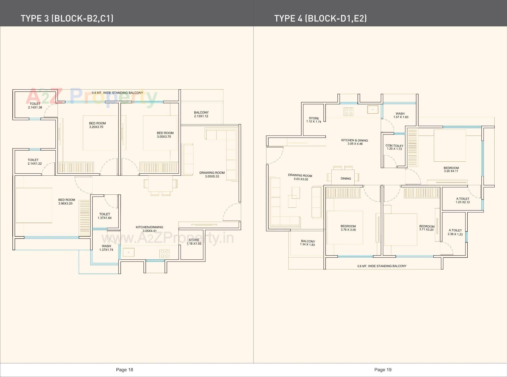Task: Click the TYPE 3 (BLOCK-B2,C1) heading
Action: tap(67, 18)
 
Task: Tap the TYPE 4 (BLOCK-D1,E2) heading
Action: tap(320, 18)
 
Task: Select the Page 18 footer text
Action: tap(124, 370)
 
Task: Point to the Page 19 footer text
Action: tap(383, 370)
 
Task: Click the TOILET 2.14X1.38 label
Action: tap(35, 106)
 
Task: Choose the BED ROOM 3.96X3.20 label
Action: tap(66, 202)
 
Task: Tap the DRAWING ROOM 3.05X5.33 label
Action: tap(212, 175)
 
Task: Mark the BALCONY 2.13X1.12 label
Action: tap(201, 114)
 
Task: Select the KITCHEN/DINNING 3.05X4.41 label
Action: tap(149, 229)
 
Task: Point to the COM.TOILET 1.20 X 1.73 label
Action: tap(394, 147)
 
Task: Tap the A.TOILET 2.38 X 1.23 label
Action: tap(455, 232)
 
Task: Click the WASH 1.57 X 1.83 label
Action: tap(401, 115)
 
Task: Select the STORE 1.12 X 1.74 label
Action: tap(314, 120)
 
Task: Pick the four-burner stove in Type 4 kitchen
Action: tap(349, 111)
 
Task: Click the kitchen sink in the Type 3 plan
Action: tap(129, 252)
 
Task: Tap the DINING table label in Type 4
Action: tap(346, 179)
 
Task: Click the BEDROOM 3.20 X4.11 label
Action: tap(451, 169)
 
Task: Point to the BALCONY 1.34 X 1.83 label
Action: tap(308, 243)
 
